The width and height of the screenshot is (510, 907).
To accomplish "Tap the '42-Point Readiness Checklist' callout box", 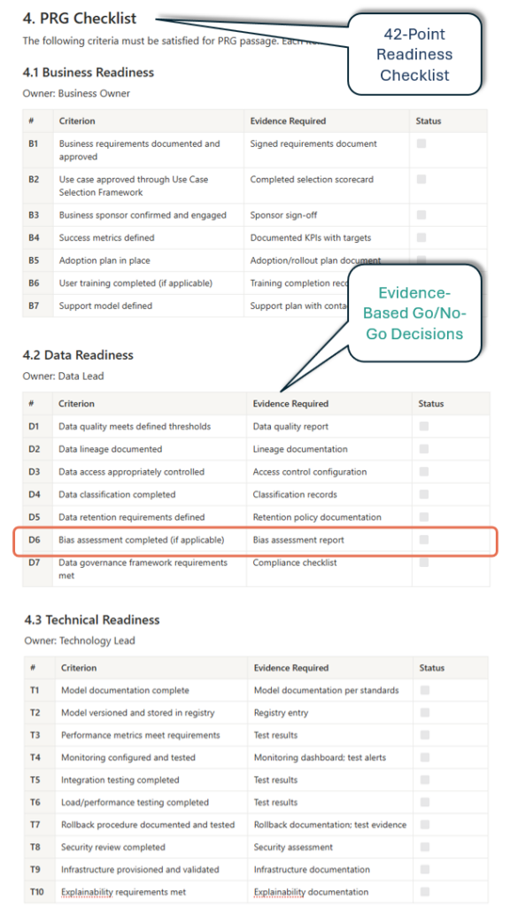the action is click(x=414, y=54).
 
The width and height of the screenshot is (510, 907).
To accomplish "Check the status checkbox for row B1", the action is click(x=421, y=143).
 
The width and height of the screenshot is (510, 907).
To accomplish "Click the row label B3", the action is click(x=34, y=215).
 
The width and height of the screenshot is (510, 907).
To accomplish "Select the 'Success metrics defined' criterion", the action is click(x=106, y=237).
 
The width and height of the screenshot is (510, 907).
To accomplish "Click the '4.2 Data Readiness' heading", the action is click(x=78, y=355).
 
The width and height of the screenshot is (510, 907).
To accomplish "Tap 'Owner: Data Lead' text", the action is click(x=63, y=376).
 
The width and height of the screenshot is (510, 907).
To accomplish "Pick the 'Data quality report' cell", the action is click(x=290, y=426).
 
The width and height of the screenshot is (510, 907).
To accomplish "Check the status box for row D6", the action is click(x=424, y=539).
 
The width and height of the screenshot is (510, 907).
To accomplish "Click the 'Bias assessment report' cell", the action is click(x=298, y=539).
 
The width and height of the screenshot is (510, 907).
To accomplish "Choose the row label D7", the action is click(x=35, y=562).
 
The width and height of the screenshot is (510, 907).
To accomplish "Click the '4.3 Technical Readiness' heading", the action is click(x=91, y=620).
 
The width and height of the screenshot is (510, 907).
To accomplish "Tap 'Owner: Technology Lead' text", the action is click(x=79, y=640).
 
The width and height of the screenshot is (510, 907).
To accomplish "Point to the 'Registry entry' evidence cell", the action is click(x=282, y=712).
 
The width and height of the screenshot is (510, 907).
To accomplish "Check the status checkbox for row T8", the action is click(x=425, y=847).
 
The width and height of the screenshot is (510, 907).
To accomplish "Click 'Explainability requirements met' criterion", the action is click(x=123, y=892).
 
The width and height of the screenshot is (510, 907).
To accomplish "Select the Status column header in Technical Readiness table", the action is click(x=432, y=668).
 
